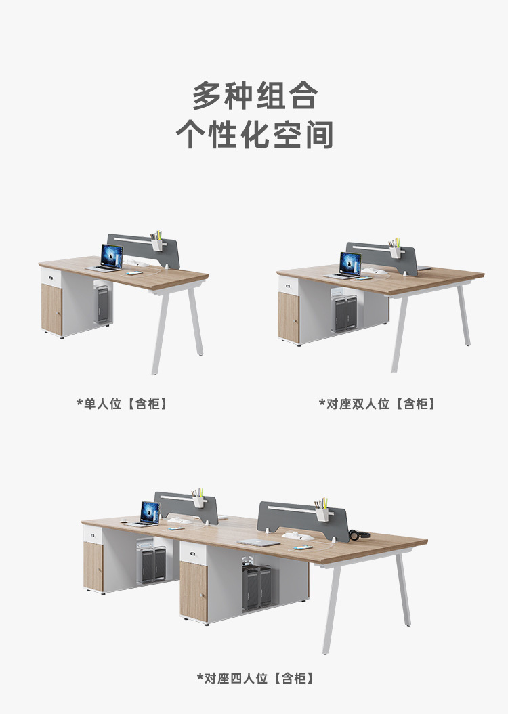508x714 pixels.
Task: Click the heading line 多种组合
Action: pos(254,96)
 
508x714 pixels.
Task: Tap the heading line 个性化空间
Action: pos(254,135)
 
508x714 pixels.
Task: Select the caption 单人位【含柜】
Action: pos(122,404)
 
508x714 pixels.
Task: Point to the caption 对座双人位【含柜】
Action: pos(377,404)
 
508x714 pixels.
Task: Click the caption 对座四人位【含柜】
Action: pos(255,677)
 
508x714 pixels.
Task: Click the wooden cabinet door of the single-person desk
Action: pos(52,309)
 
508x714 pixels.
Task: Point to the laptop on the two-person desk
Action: pos(349,265)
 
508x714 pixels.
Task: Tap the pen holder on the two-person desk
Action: pos(394,251)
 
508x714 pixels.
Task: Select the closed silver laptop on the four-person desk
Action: pos(258,541)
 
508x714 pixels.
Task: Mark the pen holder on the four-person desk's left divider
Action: pos(198,501)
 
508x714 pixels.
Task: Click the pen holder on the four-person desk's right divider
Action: pos(321,513)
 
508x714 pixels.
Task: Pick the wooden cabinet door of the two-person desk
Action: pos(289,317)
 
